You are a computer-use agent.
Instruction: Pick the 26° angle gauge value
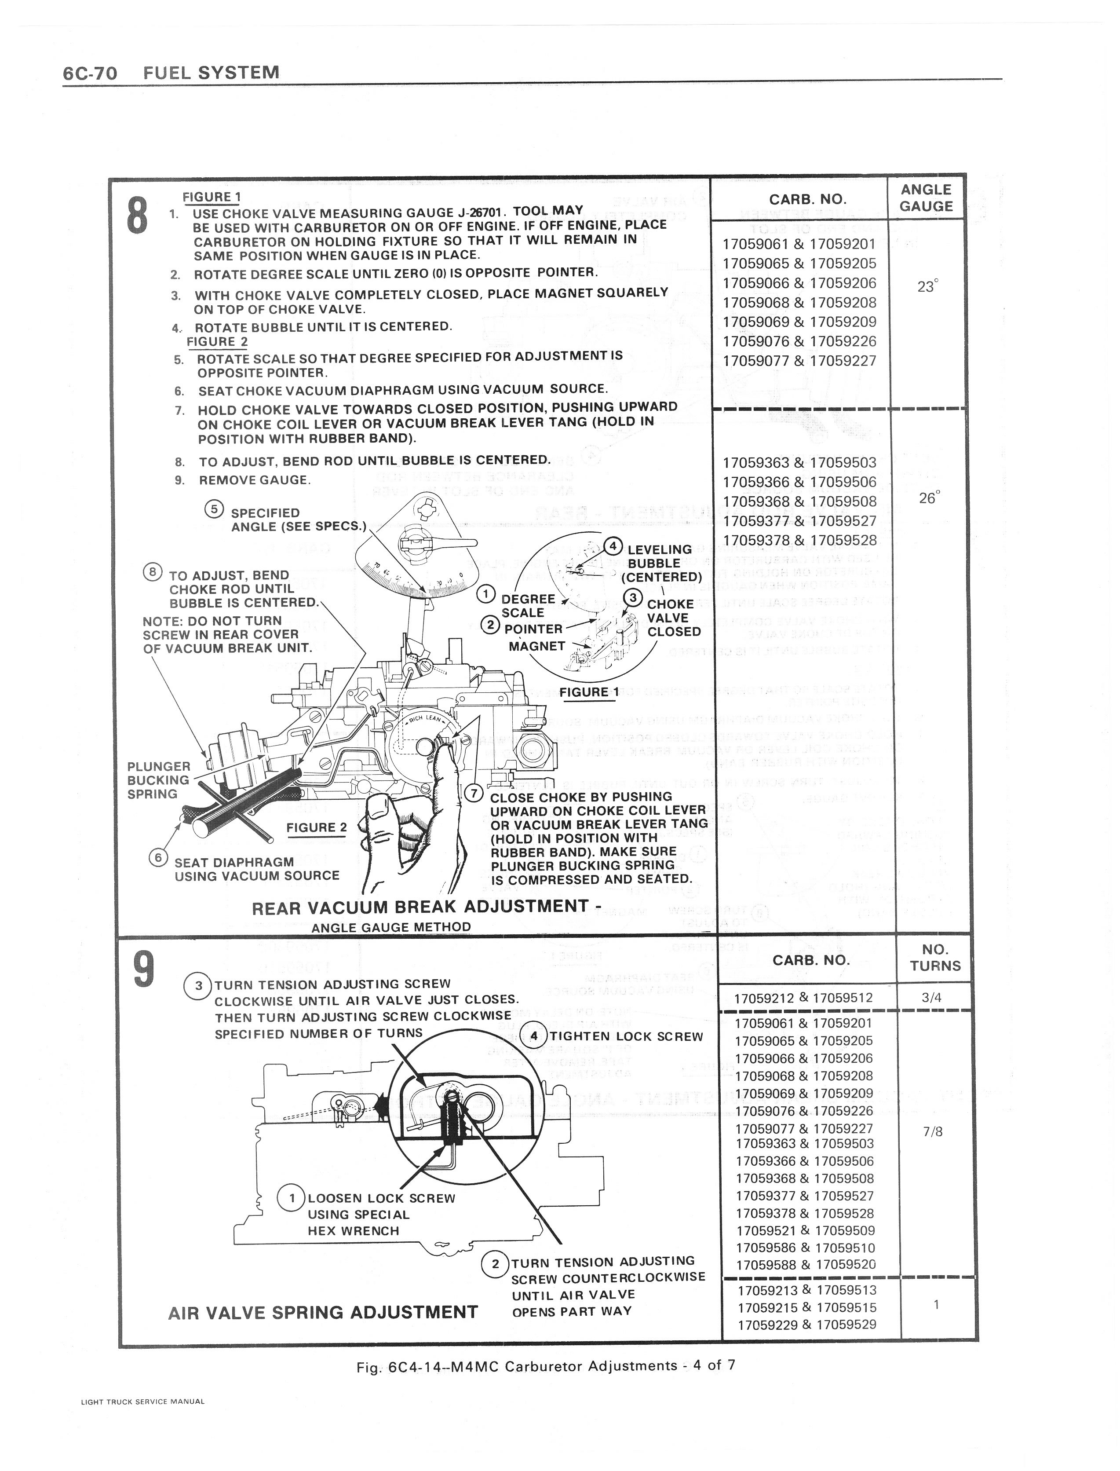tap(928, 498)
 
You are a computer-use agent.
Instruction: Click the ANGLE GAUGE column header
tap(926, 198)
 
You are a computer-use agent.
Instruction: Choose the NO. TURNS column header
tap(935, 958)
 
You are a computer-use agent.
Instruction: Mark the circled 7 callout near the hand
tap(473, 793)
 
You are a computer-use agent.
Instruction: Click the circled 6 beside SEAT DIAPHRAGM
tap(157, 857)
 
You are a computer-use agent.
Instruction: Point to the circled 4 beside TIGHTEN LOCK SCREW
tap(534, 1036)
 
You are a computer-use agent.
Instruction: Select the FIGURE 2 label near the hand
tap(317, 827)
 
